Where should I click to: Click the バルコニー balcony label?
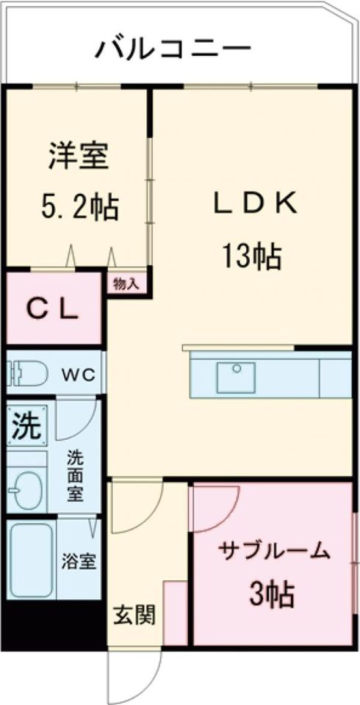click(173, 49)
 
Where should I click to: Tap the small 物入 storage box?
click(126, 283)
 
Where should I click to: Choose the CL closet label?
click(52, 309)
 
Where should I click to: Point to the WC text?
click(77, 375)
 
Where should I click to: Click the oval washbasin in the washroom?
click(28, 489)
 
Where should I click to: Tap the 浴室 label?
click(78, 562)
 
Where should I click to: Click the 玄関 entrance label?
click(134, 615)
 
